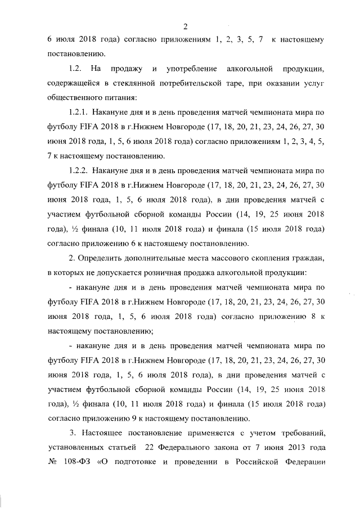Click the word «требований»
[301, 433]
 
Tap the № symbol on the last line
[53, 462]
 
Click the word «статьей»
[118, 448]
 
